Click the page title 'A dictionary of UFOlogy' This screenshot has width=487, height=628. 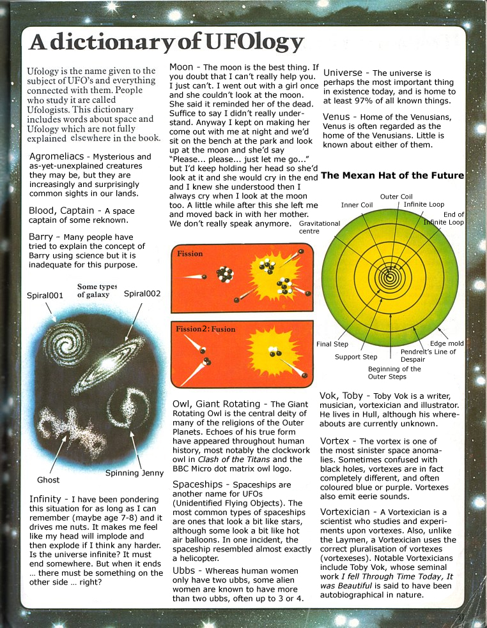coord(166,42)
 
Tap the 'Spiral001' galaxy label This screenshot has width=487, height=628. coord(45,295)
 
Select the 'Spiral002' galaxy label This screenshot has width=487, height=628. coord(142,294)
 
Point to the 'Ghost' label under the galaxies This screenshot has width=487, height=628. coord(48,479)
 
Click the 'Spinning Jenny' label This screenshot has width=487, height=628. coord(132,473)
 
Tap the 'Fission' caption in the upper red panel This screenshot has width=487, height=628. coord(190,253)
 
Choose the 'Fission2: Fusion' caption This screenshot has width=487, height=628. coord(206,329)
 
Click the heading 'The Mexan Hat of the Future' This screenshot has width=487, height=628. coord(392,175)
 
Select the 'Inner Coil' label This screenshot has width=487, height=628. coord(357,205)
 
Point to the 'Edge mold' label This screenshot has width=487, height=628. coord(447,343)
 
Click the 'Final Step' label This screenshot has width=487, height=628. coord(332,344)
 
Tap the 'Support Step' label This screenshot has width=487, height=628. coord(356,357)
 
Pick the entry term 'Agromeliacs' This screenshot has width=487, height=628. coord(58,156)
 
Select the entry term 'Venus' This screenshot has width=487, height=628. coord(336,117)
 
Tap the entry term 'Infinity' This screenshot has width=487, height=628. coord(45,498)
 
